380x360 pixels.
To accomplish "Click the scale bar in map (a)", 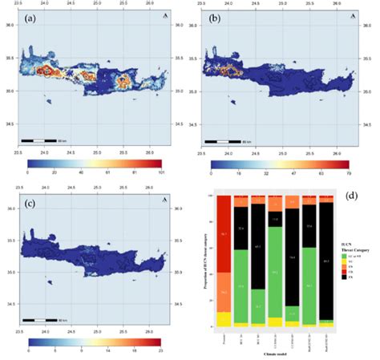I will point(39,140).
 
